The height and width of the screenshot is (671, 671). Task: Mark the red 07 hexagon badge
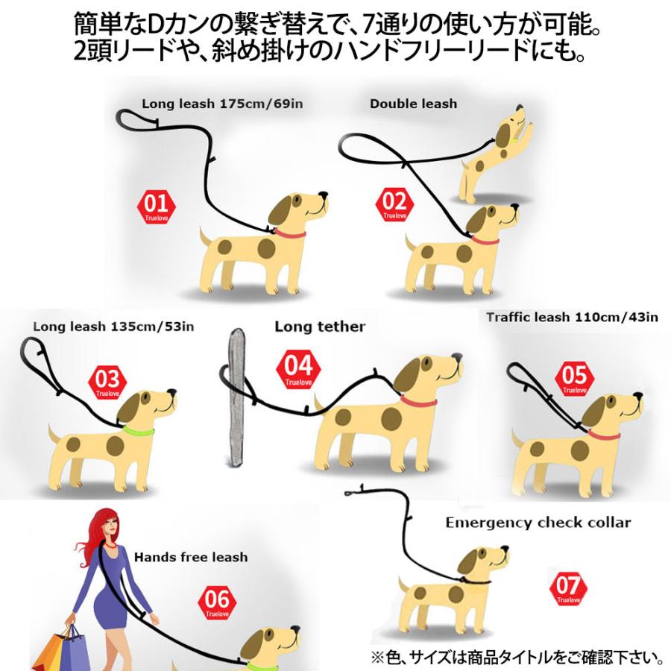(568, 588)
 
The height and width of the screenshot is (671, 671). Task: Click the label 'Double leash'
(413, 104)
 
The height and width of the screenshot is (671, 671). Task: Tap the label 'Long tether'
(320, 327)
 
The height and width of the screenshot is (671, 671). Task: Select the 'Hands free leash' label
(191, 557)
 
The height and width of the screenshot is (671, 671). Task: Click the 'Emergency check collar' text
(538, 522)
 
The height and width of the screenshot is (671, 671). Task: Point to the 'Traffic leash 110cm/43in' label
(572, 317)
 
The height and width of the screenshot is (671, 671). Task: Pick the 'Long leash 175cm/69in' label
(222, 104)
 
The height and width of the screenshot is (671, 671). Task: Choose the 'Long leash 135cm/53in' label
(113, 326)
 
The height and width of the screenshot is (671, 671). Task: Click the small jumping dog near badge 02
(495, 153)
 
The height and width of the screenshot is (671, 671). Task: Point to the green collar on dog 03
(137, 431)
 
